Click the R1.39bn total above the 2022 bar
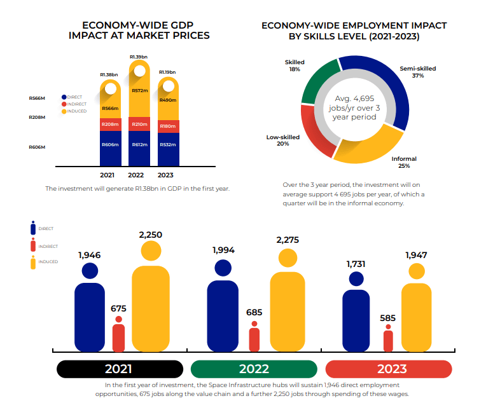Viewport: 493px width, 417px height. pyautogui.click(x=139, y=57)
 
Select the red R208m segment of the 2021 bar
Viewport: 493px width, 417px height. pyautogui.click(x=111, y=124)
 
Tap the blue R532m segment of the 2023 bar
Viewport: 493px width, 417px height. pyautogui.click(x=169, y=145)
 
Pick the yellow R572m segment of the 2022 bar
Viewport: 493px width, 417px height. pyautogui.click(x=139, y=91)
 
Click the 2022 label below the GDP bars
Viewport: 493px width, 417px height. pyautogui.click(x=136, y=175)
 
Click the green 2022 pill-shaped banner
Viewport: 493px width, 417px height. pyautogui.click(x=254, y=369)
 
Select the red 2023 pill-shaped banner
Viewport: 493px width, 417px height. pyautogui.click(x=388, y=369)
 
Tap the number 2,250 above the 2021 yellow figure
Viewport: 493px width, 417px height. pyautogui.click(x=150, y=235)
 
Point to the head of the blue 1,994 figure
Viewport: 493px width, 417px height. pyautogui.click(x=223, y=268)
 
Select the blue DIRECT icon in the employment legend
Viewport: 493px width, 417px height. pyautogui.click(x=32, y=228)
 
